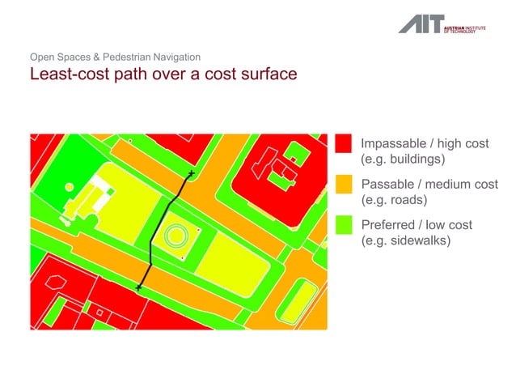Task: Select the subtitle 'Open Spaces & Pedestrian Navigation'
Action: pyautogui.click(x=115, y=57)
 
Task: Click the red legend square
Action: pyautogui.click(x=343, y=143)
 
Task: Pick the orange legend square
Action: pyautogui.click(x=343, y=185)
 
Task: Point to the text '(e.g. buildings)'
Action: pyautogui.click(x=403, y=159)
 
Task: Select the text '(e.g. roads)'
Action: pyautogui.click(x=393, y=200)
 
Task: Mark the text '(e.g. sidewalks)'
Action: pyautogui.click(x=404, y=240)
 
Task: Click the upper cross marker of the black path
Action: pyautogui.click(x=191, y=174)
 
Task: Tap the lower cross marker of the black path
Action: pyautogui.click(x=139, y=287)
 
